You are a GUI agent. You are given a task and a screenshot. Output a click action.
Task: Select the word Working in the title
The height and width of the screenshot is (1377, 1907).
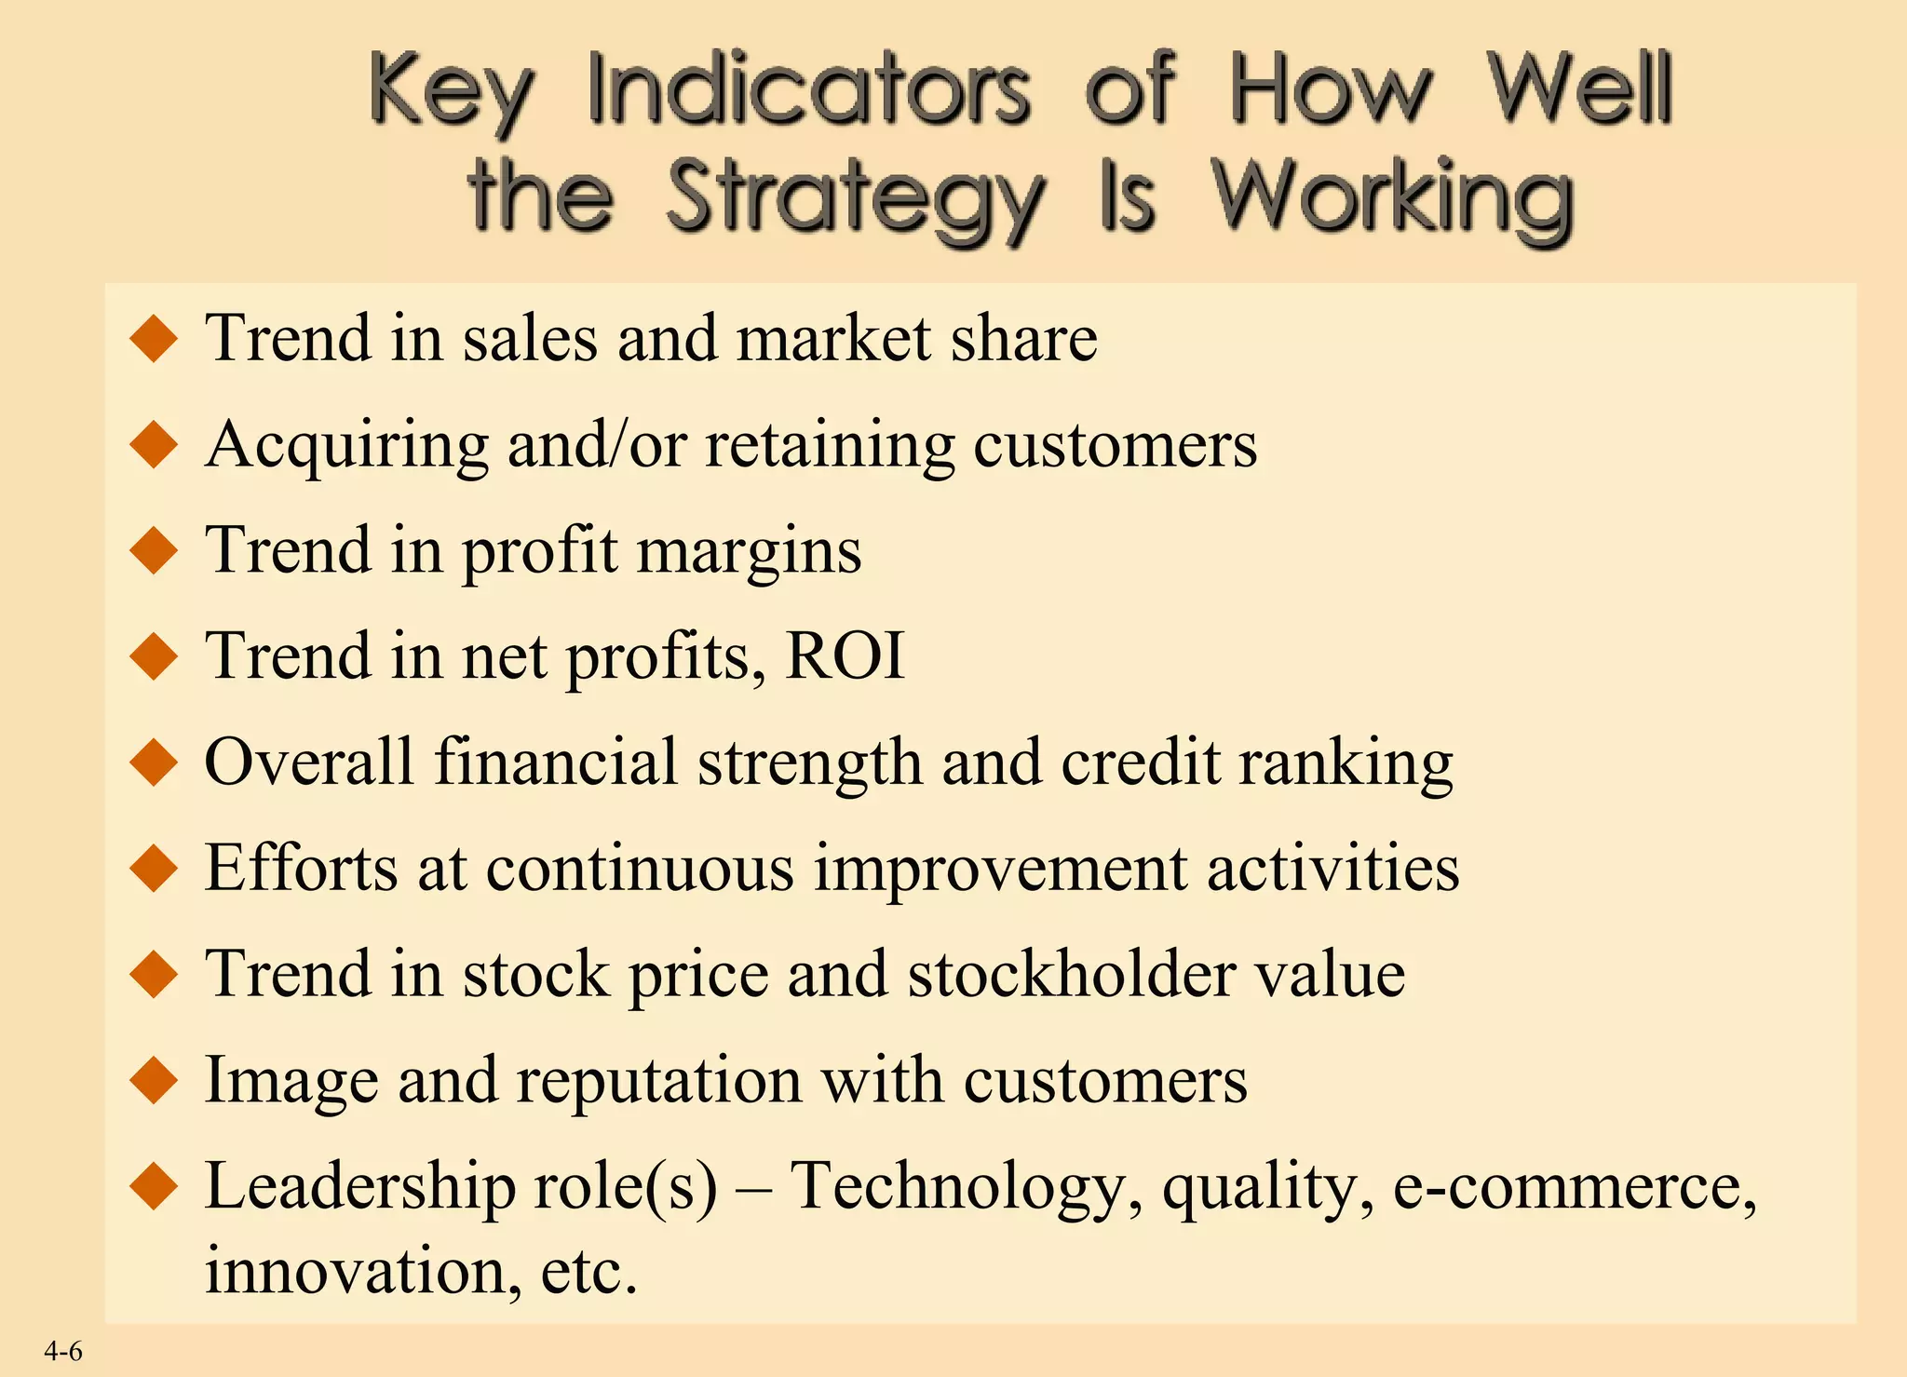[x=1392, y=197]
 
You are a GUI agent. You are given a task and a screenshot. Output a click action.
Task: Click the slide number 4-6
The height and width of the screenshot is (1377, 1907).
[x=63, y=1351]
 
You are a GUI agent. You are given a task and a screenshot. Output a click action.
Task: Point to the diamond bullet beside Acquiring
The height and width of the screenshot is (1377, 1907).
[x=155, y=445]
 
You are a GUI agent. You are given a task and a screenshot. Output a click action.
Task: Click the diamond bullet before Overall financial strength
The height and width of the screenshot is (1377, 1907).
[x=155, y=763]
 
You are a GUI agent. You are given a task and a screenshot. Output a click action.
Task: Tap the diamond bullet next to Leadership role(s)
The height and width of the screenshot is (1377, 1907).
[x=155, y=1188]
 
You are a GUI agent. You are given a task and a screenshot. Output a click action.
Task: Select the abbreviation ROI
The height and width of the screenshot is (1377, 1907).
[x=845, y=656]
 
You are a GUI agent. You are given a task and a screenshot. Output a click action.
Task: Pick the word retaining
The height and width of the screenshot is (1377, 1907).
[x=830, y=445]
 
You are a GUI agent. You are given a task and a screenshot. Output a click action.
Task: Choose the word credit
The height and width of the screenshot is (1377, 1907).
[x=1141, y=763]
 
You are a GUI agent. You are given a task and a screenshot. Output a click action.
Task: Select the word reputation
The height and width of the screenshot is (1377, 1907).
[x=659, y=1081]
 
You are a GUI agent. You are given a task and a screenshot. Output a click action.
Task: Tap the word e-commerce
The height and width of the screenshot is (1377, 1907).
[x=1574, y=1188]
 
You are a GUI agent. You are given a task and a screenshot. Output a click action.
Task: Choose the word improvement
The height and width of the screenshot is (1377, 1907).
[x=1001, y=869]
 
